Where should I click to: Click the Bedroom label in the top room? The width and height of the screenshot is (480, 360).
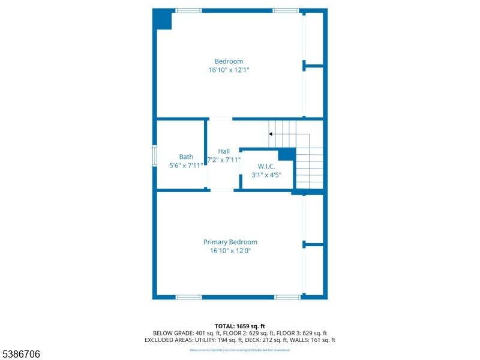pos(229,61)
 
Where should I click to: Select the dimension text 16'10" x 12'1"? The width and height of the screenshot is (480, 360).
pos(229,70)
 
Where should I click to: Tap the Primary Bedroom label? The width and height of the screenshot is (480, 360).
pos(230,242)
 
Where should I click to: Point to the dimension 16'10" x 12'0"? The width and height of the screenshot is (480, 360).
pos(230,251)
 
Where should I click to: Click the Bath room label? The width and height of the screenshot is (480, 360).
pos(186,157)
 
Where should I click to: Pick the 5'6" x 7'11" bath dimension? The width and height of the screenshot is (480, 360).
pos(186,166)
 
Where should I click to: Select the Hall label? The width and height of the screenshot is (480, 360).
pos(224,151)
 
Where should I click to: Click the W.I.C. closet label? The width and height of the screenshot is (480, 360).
pos(266,166)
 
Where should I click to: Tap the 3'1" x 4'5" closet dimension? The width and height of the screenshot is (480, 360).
pos(266,175)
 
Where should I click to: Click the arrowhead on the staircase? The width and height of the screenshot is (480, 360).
pos(271,134)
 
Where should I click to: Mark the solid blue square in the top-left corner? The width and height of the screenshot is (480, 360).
pos(163,20)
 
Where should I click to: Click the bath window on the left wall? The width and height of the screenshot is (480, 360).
pos(154,155)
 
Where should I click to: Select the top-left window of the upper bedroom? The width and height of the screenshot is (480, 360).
pos(188,11)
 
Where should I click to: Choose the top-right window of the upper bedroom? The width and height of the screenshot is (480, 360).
pos(286,11)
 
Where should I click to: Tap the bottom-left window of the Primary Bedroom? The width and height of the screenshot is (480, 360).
pos(188,297)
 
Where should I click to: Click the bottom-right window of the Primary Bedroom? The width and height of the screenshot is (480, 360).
pos(287,297)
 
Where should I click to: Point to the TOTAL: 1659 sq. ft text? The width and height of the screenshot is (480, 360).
pos(239,326)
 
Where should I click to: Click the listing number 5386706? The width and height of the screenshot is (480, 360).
pos(21,355)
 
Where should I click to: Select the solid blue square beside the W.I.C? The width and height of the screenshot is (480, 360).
pos(286,154)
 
